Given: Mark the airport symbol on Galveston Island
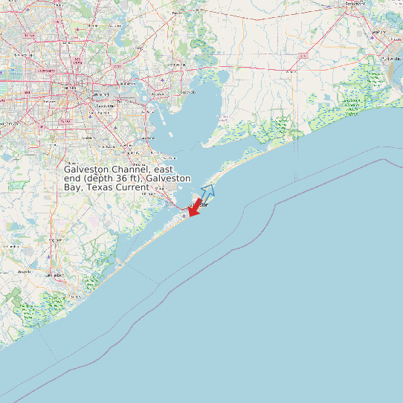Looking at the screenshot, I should (184, 216).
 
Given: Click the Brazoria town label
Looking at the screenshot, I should (22, 272).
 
